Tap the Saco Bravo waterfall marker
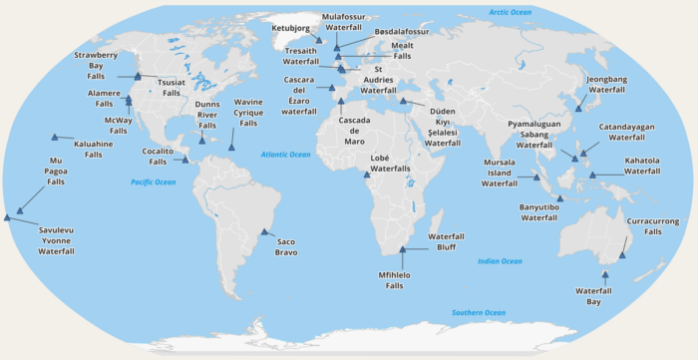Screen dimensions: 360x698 coord(264,232)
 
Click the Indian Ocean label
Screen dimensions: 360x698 coord(500,261)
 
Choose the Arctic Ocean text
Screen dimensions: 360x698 coord(510,11)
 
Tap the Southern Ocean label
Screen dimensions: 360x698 coord(479,313)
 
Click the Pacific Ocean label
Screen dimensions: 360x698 coord(153,182)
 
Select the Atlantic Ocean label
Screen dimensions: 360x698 coord(286,155)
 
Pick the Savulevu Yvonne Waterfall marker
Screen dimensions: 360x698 coord(9,214)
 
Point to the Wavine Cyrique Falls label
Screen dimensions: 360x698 coord(248,113)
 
